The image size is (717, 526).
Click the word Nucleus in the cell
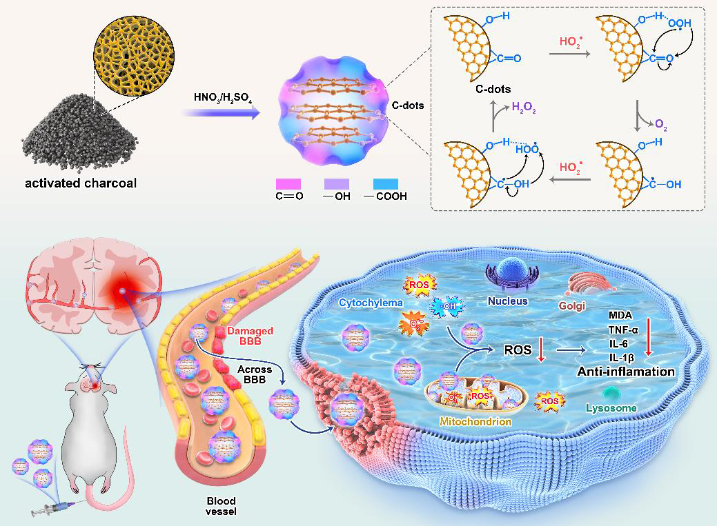click(x=507, y=301)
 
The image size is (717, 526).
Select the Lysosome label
click(x=610, y=408)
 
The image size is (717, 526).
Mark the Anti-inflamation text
click(x=626, y=372)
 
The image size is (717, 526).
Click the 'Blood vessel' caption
click(x=222, y=506)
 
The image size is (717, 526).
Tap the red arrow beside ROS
click(x=541, y=350)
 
